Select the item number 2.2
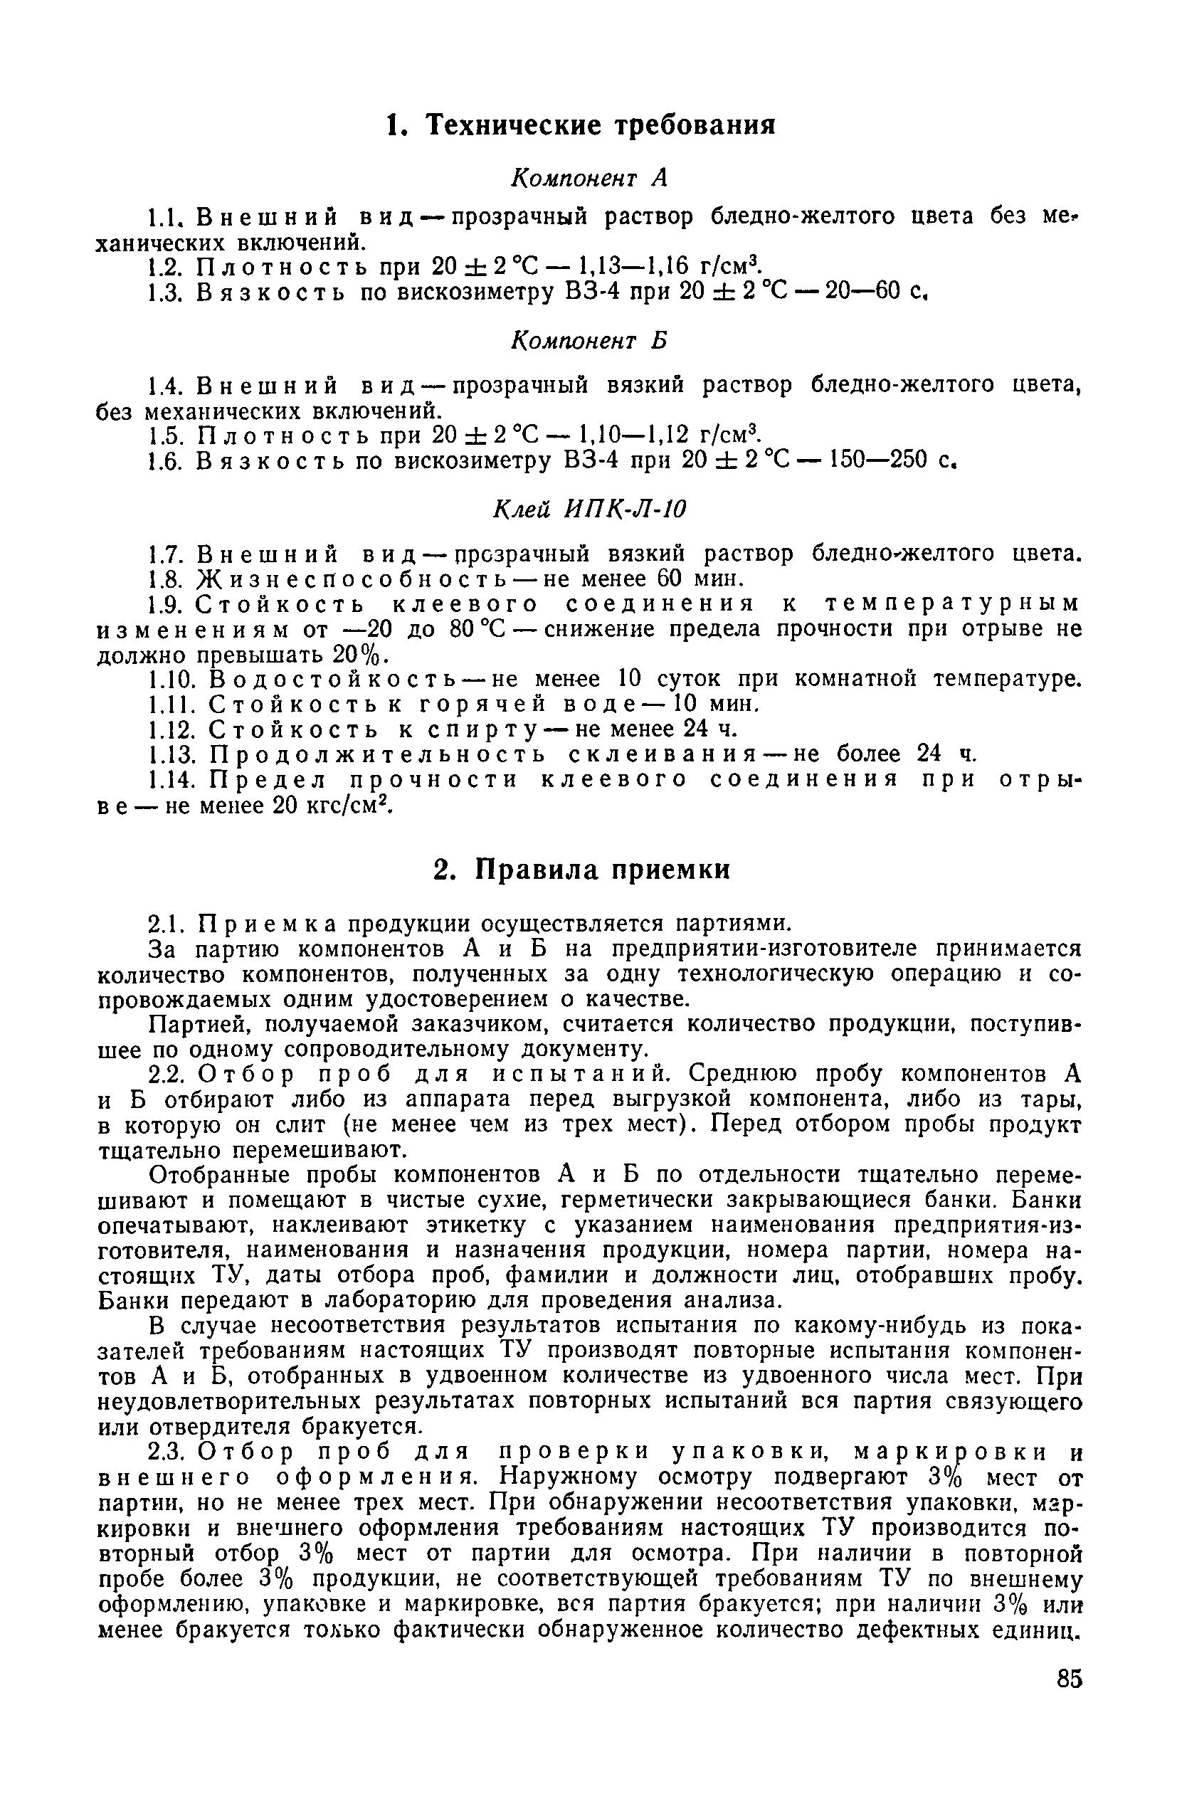163,1074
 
